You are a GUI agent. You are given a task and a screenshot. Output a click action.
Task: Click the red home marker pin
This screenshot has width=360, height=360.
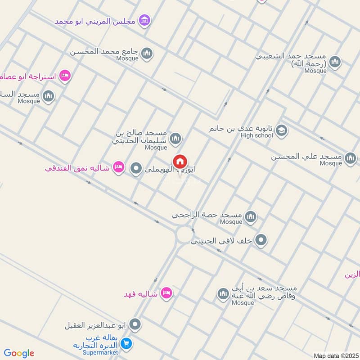click(180, 162)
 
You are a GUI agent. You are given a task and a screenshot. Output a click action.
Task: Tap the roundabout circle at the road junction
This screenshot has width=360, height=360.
click(184, 234)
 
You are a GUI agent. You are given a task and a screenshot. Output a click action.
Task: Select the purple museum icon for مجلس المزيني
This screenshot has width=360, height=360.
click(144, 20)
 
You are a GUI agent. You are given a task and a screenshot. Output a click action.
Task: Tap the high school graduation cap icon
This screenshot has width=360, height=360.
click(281, 130)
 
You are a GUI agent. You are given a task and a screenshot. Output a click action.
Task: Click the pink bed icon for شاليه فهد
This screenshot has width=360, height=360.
click(166, 293)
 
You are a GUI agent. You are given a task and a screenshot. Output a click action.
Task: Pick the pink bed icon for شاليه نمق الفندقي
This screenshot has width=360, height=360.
click(118, 167)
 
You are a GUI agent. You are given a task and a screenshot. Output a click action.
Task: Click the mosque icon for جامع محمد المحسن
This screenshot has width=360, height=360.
click(146, 54)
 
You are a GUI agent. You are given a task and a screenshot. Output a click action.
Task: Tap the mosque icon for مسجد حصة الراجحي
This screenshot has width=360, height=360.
click(251, 217)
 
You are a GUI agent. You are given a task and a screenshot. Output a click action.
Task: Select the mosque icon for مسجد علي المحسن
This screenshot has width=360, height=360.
click(350, 158)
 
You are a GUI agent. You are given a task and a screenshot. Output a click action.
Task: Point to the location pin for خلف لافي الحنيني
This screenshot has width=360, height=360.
click(261, 240)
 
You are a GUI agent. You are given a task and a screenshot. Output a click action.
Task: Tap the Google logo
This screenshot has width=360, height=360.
click(19, 353)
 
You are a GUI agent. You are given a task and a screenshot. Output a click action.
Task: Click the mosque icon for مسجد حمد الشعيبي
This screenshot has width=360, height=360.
click(334, 62)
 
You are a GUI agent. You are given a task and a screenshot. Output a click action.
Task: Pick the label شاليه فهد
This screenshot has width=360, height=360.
click(141, 294)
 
